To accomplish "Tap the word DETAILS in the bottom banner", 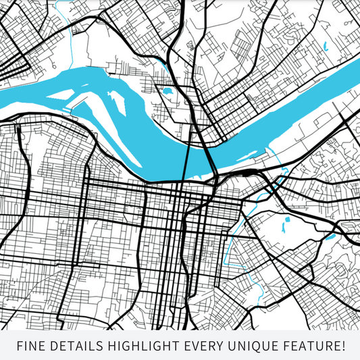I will (x=75, y=346).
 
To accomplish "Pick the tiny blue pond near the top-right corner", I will (x=324, y=47).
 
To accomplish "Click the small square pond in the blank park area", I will (x=287, y=220).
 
